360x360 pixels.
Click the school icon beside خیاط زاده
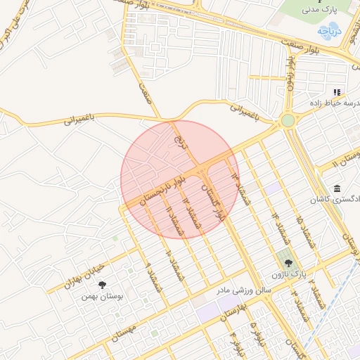click(337, 92)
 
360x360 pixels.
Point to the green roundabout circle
click(288, 120)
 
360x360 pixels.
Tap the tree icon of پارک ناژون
click(288, 264)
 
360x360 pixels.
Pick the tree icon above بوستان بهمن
click(103, 285)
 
